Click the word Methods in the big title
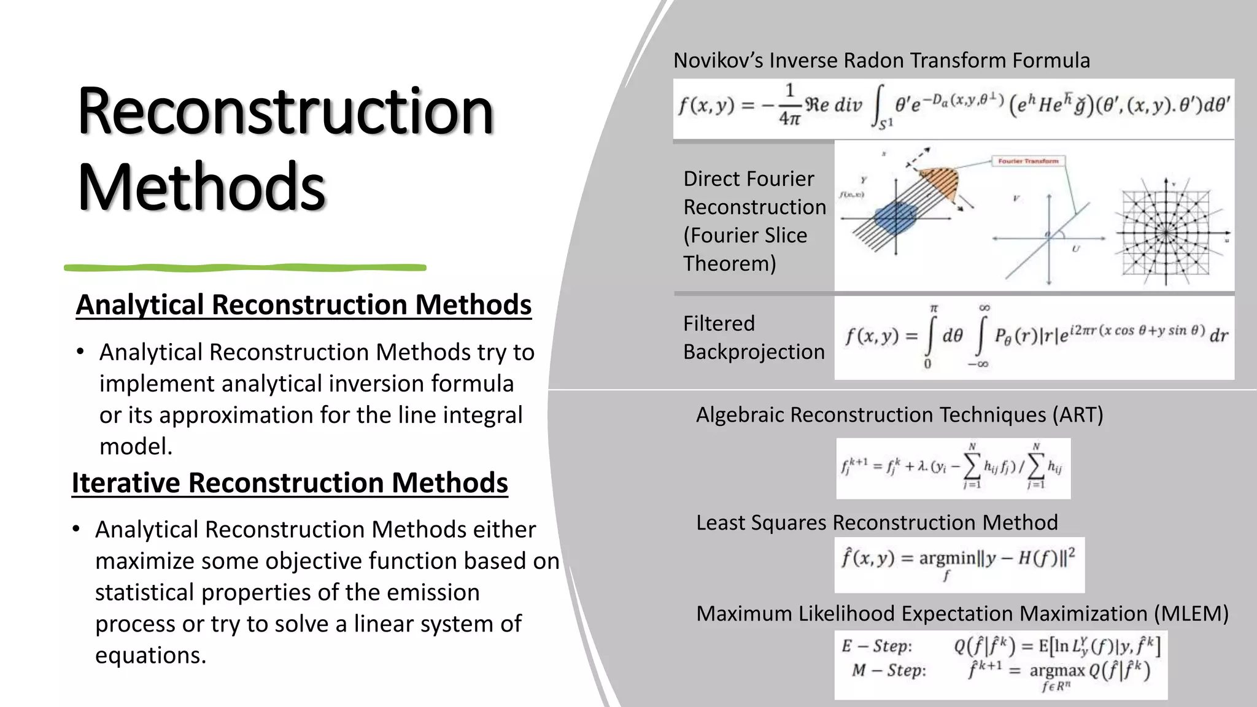tap(201, 186)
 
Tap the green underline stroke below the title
tap(246, 268)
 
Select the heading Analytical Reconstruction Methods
tap(303, 305)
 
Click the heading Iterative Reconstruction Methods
tap(290, 483)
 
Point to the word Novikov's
tap(718, 61)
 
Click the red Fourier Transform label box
tap(1028, 161)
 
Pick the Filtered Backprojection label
tap(754, 338)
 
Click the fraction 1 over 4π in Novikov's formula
tap(789, 105)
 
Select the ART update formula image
tap(953, 468)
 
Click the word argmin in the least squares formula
tap(946, 558)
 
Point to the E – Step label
tap(876, 646)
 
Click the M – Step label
tap(888, 670)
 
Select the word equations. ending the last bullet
tap(150, 655)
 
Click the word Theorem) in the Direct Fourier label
tap(729, 264)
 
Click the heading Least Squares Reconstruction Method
tap(876, 523)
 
